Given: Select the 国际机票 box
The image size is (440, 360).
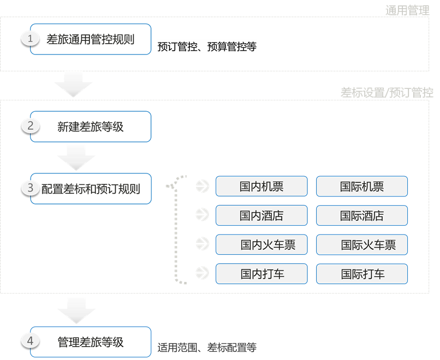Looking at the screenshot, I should pyautogui.click(x=361, y=187).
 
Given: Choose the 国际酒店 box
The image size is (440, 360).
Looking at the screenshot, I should pyautogui.click(x=361, y=215).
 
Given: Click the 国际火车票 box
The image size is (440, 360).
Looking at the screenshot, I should pyautogui.click(x=361, y=245).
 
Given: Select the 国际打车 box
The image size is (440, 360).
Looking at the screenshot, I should pyautogui.click(x=361, y=274).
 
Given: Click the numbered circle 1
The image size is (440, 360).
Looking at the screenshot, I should pyautogui.click(x=31, y=39).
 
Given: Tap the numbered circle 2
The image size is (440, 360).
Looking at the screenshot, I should pyautogui.click(x=31, y=126).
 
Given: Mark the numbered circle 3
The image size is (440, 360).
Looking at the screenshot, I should pyautogui.click(x=31, y=188).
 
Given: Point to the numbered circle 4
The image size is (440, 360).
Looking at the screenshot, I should pyautogui.click(x=31, y=341).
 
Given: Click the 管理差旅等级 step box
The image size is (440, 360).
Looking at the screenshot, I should pyautogui.click(x=91, y=342).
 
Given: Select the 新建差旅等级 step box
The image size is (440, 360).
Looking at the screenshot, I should pyautogui.click(x=91, y=127).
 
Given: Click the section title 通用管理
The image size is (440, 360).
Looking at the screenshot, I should pyautogui.click(x=407, y=10).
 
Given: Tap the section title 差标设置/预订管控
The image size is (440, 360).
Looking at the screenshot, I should pyautogui.click(x=387, y=92).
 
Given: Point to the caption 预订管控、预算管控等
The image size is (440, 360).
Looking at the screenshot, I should pyautogui.click(x=207, y=47).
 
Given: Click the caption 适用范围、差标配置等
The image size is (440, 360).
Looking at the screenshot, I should pyautogui.click(x=207, y=347).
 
